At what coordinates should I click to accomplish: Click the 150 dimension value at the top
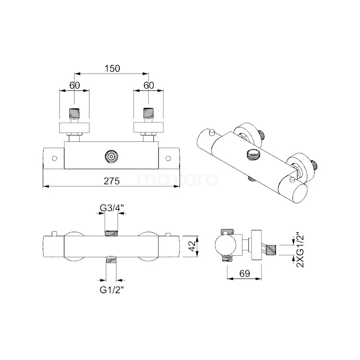pos(112,68)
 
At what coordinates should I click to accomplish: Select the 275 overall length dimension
pos(111,181)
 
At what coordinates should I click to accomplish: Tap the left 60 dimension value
pos(74,85)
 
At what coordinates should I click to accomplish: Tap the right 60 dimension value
pos(148,85)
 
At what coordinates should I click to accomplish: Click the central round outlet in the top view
pos(111,157)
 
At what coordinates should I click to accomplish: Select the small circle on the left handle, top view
pos(54,158)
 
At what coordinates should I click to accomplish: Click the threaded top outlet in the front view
pos(111,233)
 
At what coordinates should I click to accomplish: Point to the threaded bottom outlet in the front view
pos(111,260)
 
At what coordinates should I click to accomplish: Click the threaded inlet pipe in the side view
pos(270,248)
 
